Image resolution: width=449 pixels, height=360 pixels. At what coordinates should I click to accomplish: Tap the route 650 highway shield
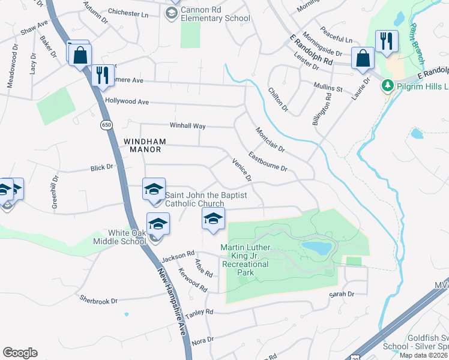click(106, 125)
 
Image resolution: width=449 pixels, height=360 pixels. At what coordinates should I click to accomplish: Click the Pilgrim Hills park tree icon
click(388, 85)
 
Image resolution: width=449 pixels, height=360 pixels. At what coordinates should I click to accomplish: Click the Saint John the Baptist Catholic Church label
click(194, 199)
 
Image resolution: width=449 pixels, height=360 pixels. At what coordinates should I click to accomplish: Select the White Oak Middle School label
click(127, 236)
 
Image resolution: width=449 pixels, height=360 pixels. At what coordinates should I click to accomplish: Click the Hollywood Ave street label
click(127, 102)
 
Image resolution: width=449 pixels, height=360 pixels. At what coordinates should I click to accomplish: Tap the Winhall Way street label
click(188, 126)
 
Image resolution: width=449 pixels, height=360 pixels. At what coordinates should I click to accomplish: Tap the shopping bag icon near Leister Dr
click(363, 59)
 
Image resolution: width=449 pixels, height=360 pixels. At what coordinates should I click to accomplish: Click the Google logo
click(20, 353)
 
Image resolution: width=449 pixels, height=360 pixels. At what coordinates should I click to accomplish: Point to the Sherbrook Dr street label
click(98, 298)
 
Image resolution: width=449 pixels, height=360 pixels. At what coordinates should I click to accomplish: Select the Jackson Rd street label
click(178, 256)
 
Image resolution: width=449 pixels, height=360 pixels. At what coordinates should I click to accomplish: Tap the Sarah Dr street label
click(342, 294)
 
